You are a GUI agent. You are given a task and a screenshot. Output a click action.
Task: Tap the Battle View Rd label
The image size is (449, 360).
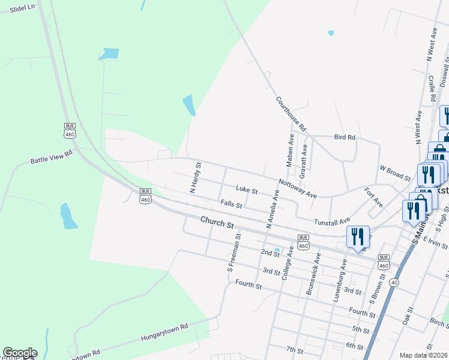coord(51,157)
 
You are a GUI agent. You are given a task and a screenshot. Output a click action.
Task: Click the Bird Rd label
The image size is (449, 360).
coord(345,137)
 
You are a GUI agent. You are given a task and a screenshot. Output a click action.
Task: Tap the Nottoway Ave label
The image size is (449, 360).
coord(297,188)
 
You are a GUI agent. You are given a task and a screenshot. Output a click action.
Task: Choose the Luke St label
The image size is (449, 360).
coord(246,191)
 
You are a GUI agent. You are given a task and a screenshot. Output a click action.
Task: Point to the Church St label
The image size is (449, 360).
coord(217,223)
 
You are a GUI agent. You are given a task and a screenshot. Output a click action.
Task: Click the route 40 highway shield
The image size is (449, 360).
coord(394,281)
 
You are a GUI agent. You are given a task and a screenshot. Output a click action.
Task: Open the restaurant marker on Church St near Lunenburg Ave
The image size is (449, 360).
coord(358,236)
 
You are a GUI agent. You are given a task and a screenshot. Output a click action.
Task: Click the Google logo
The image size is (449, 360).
coord(20,353)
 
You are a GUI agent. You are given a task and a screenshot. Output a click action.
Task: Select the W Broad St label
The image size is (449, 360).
coord(394,174)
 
